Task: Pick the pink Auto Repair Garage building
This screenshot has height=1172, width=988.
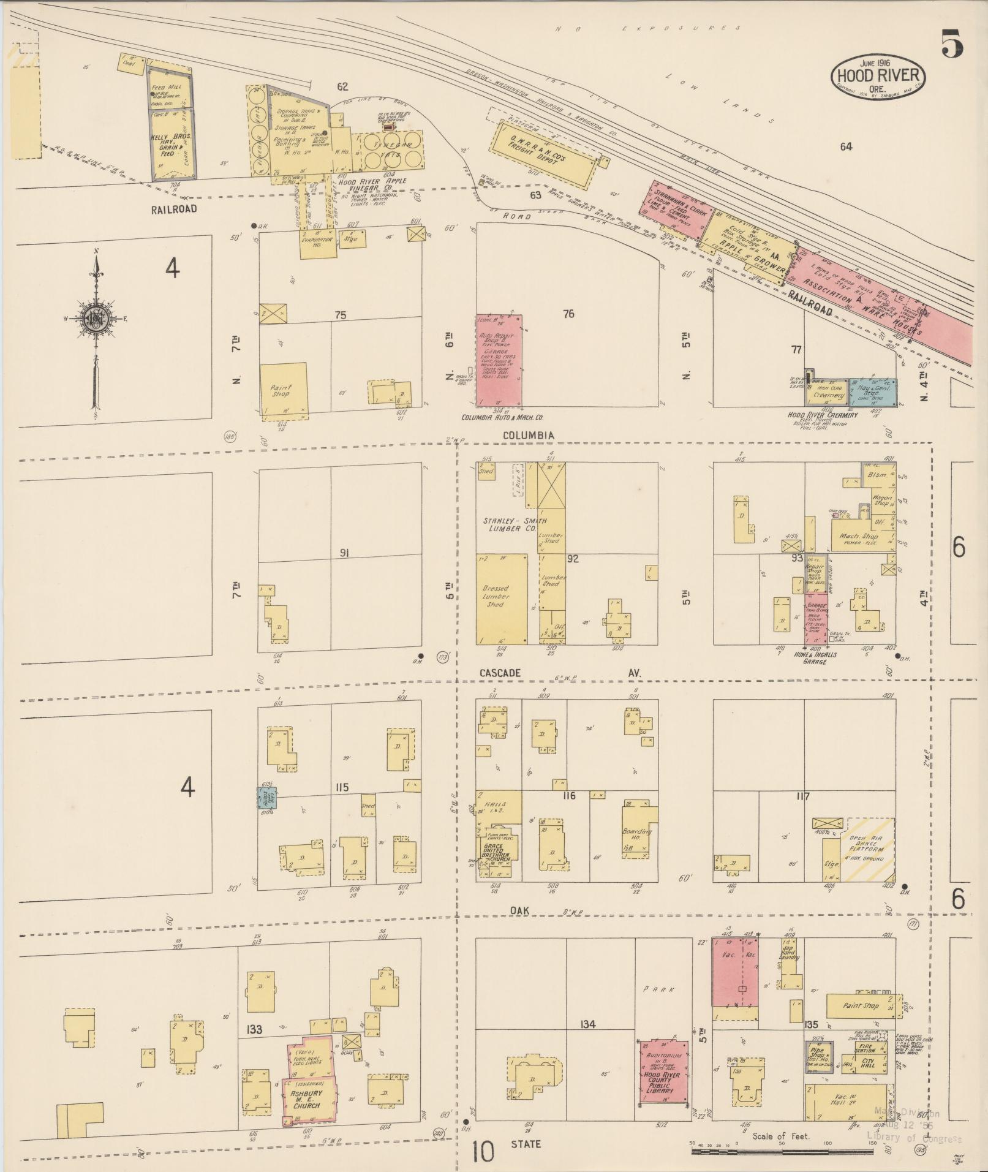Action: tap(499, 361)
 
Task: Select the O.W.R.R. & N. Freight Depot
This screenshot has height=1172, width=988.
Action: tap(545, 156)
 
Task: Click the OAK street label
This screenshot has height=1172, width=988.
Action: tap(519, 911)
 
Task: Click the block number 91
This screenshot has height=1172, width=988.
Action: tap(344, 553)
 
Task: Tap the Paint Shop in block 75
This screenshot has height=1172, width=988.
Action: tap(283, 390)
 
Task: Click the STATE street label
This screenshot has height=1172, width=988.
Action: tap(526, 1143)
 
